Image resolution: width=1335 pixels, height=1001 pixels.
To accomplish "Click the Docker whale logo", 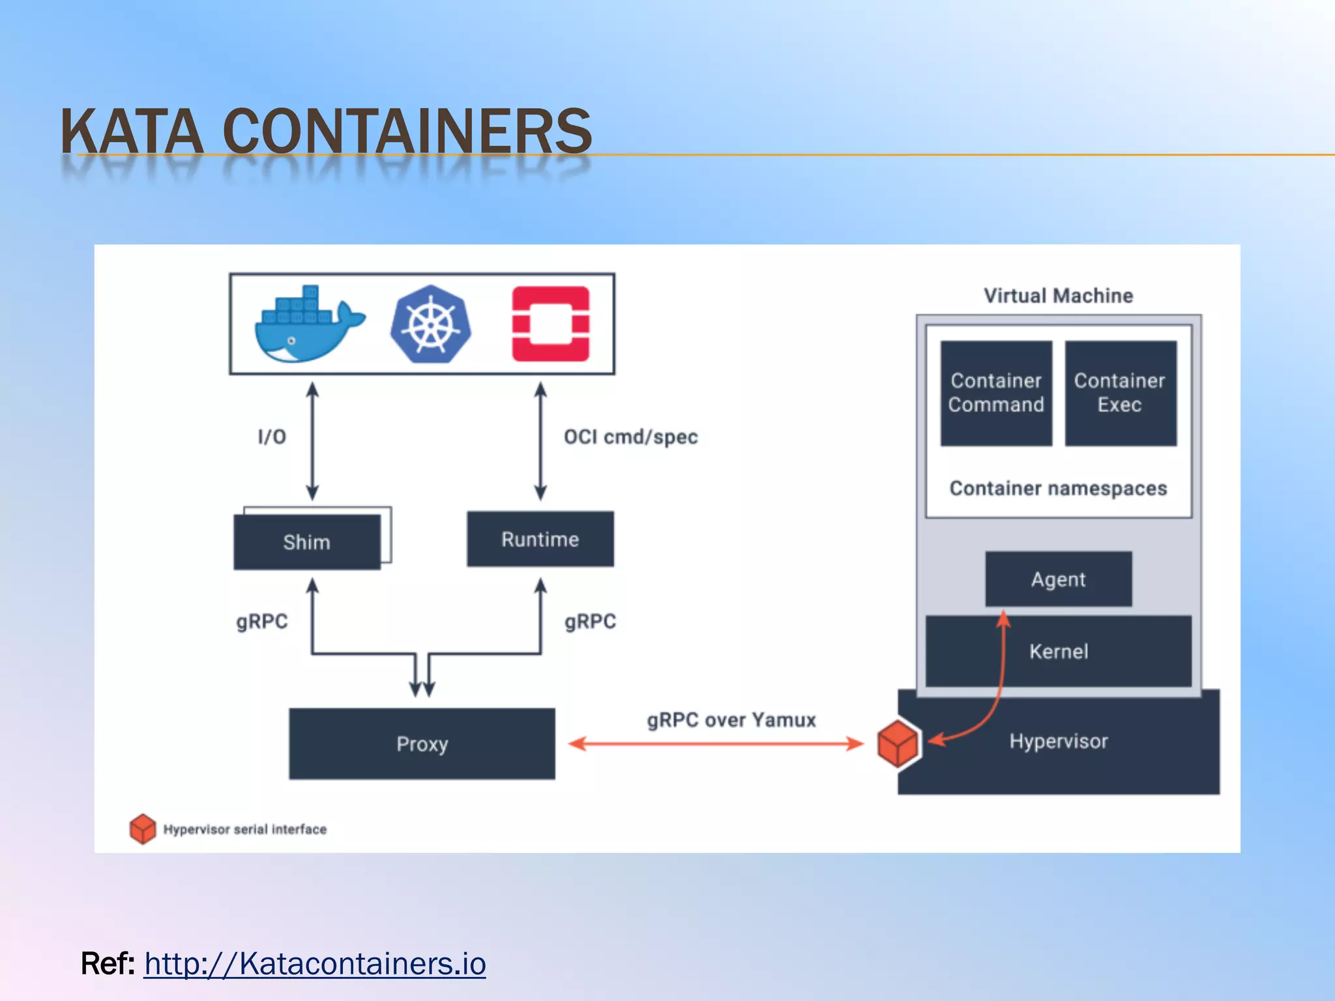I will (308, 325).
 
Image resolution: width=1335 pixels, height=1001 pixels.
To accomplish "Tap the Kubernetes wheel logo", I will (431, 324).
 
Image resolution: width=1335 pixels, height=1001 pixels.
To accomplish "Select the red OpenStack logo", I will (551, 324).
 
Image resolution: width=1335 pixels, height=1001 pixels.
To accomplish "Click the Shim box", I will (307, 542).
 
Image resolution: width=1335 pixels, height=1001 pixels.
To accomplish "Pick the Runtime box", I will (540, 539).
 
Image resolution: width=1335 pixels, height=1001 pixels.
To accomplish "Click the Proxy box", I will (422, 744).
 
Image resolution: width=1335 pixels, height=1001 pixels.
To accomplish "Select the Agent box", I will (1058, 579).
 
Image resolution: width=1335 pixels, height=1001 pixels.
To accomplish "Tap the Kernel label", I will (1059, 651).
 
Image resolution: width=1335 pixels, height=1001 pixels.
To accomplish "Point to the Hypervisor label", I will (1059, 741).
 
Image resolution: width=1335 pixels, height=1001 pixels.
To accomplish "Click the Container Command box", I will (996, 393).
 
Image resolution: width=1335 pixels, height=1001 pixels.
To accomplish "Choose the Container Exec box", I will (1120, 393).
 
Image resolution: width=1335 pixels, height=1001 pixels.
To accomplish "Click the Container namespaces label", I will (1058, 488).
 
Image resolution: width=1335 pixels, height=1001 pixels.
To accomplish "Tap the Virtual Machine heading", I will (1058, 296).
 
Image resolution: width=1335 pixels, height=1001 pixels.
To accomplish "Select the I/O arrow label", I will (272, 437).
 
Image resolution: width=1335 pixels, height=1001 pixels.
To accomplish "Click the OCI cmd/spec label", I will (630, 437).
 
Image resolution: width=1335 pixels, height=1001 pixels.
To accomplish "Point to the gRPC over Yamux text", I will (731, 720).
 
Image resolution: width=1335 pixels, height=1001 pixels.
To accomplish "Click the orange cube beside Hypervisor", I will (898, 744).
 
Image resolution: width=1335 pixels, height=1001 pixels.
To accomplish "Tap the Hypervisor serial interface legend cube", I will (143, 829).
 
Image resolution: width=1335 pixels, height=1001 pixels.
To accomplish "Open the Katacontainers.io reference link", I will (315, 963).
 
